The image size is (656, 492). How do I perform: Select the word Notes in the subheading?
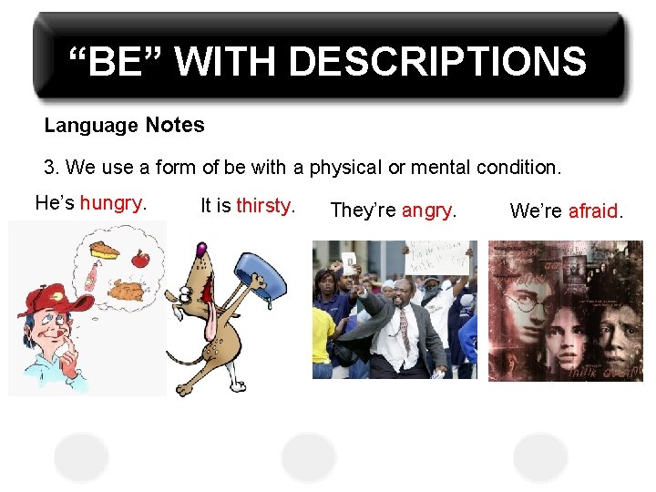(x=175, y=125)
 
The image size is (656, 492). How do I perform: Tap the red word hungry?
(x=111, y=203)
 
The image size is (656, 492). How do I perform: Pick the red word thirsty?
(x=264, y=206)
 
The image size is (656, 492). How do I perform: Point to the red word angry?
(x=426, y=210)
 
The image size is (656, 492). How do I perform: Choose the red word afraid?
(x=593, y=211)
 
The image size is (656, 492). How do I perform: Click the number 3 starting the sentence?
(x=50, y=168)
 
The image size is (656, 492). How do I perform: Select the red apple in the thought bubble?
(x=139, y=259)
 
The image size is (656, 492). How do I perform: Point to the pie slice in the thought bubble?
(x=104, y=249)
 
